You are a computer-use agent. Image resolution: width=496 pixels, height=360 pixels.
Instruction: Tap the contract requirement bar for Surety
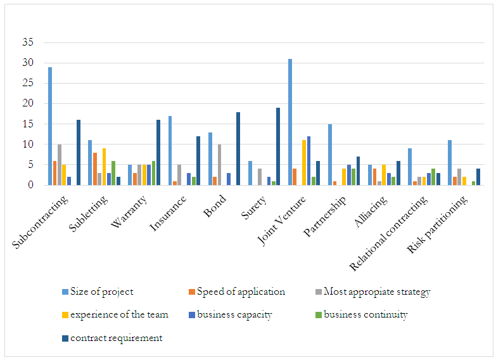pyautogui.click(x=278, y=146)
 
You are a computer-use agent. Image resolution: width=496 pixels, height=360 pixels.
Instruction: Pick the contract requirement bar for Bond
pyautogui.click(x=238, y=148)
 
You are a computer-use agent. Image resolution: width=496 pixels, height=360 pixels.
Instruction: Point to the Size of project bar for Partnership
pyautogui.click(x=330, y=155)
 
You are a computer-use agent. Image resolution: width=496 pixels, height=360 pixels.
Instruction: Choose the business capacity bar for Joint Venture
pyautogui.click(x=308, y=161)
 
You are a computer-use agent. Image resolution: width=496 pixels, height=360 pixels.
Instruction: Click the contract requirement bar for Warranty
pyautogui.click(x=158, y=152)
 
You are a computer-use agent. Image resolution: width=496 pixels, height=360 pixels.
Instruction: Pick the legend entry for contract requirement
pyautogui.click(x=116, y=338)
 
